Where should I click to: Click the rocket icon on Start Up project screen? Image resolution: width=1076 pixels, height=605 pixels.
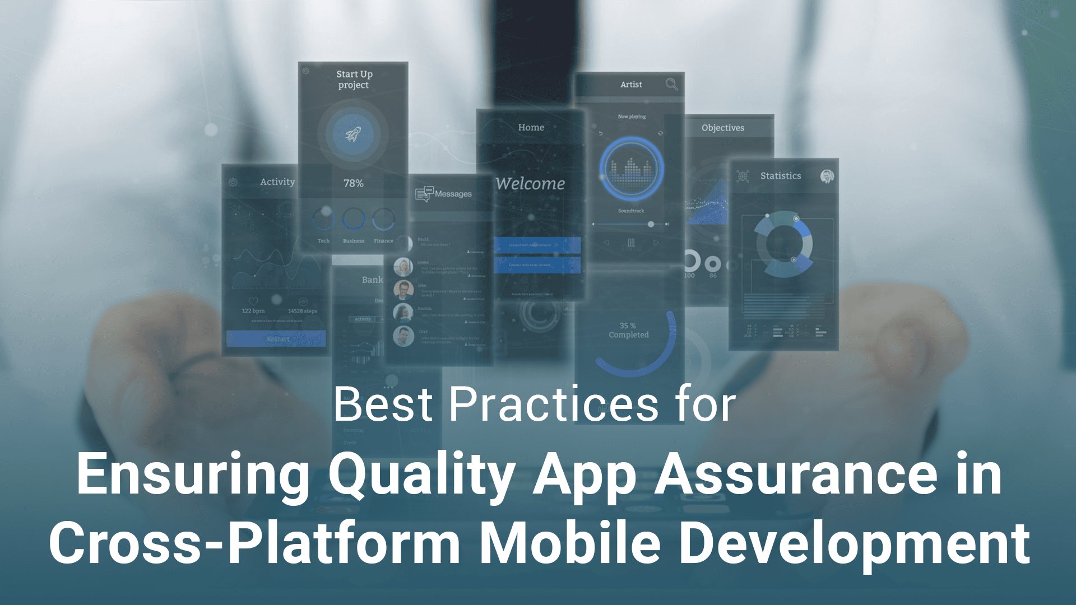[353, 134]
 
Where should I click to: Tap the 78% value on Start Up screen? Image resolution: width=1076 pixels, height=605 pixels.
[353, 184]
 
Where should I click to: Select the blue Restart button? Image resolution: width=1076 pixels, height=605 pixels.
[277, 339]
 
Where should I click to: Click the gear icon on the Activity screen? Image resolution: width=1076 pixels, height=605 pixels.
[233, 182]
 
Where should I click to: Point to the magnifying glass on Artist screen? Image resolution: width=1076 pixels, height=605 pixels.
[671, 84]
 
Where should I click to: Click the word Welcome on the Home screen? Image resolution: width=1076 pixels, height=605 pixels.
[530, 184]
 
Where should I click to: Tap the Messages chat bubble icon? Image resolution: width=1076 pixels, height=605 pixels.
[424, 193]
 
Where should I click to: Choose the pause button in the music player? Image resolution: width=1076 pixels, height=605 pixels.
[631, 243]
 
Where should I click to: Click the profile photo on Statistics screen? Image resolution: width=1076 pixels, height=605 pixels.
[827, 176]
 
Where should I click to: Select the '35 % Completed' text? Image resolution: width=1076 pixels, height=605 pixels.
[628, 330]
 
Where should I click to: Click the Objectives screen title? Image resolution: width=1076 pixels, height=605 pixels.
[722, 128]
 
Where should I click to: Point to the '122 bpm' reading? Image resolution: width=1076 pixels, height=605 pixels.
[253, 311]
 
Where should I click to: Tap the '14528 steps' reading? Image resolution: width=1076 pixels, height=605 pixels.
[302, 311]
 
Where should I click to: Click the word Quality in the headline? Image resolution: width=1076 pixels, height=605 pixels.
[421, 475]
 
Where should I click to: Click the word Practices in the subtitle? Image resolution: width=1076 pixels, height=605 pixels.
[554, 404]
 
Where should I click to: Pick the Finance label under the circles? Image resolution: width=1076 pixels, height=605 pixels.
[383, 241]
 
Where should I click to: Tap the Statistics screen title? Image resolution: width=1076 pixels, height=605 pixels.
[780, 176]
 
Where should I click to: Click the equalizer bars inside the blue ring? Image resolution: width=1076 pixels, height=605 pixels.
[631, 170]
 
